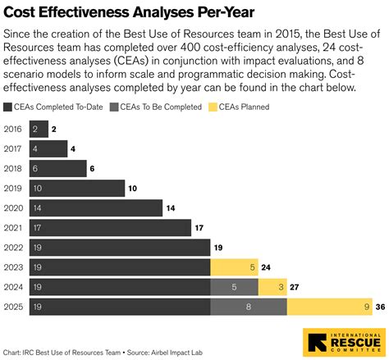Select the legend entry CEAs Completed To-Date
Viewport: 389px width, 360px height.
(48, 106)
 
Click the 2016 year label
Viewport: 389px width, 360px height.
(14, 129)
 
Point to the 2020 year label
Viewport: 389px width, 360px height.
(14, 207)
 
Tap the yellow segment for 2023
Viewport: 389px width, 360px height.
(235, 267)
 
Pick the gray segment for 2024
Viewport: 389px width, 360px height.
(235, 286)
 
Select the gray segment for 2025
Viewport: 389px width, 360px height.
(249, 306)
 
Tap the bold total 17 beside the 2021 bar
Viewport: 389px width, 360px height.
(199, 227)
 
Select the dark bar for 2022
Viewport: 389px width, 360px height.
(119, 247)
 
